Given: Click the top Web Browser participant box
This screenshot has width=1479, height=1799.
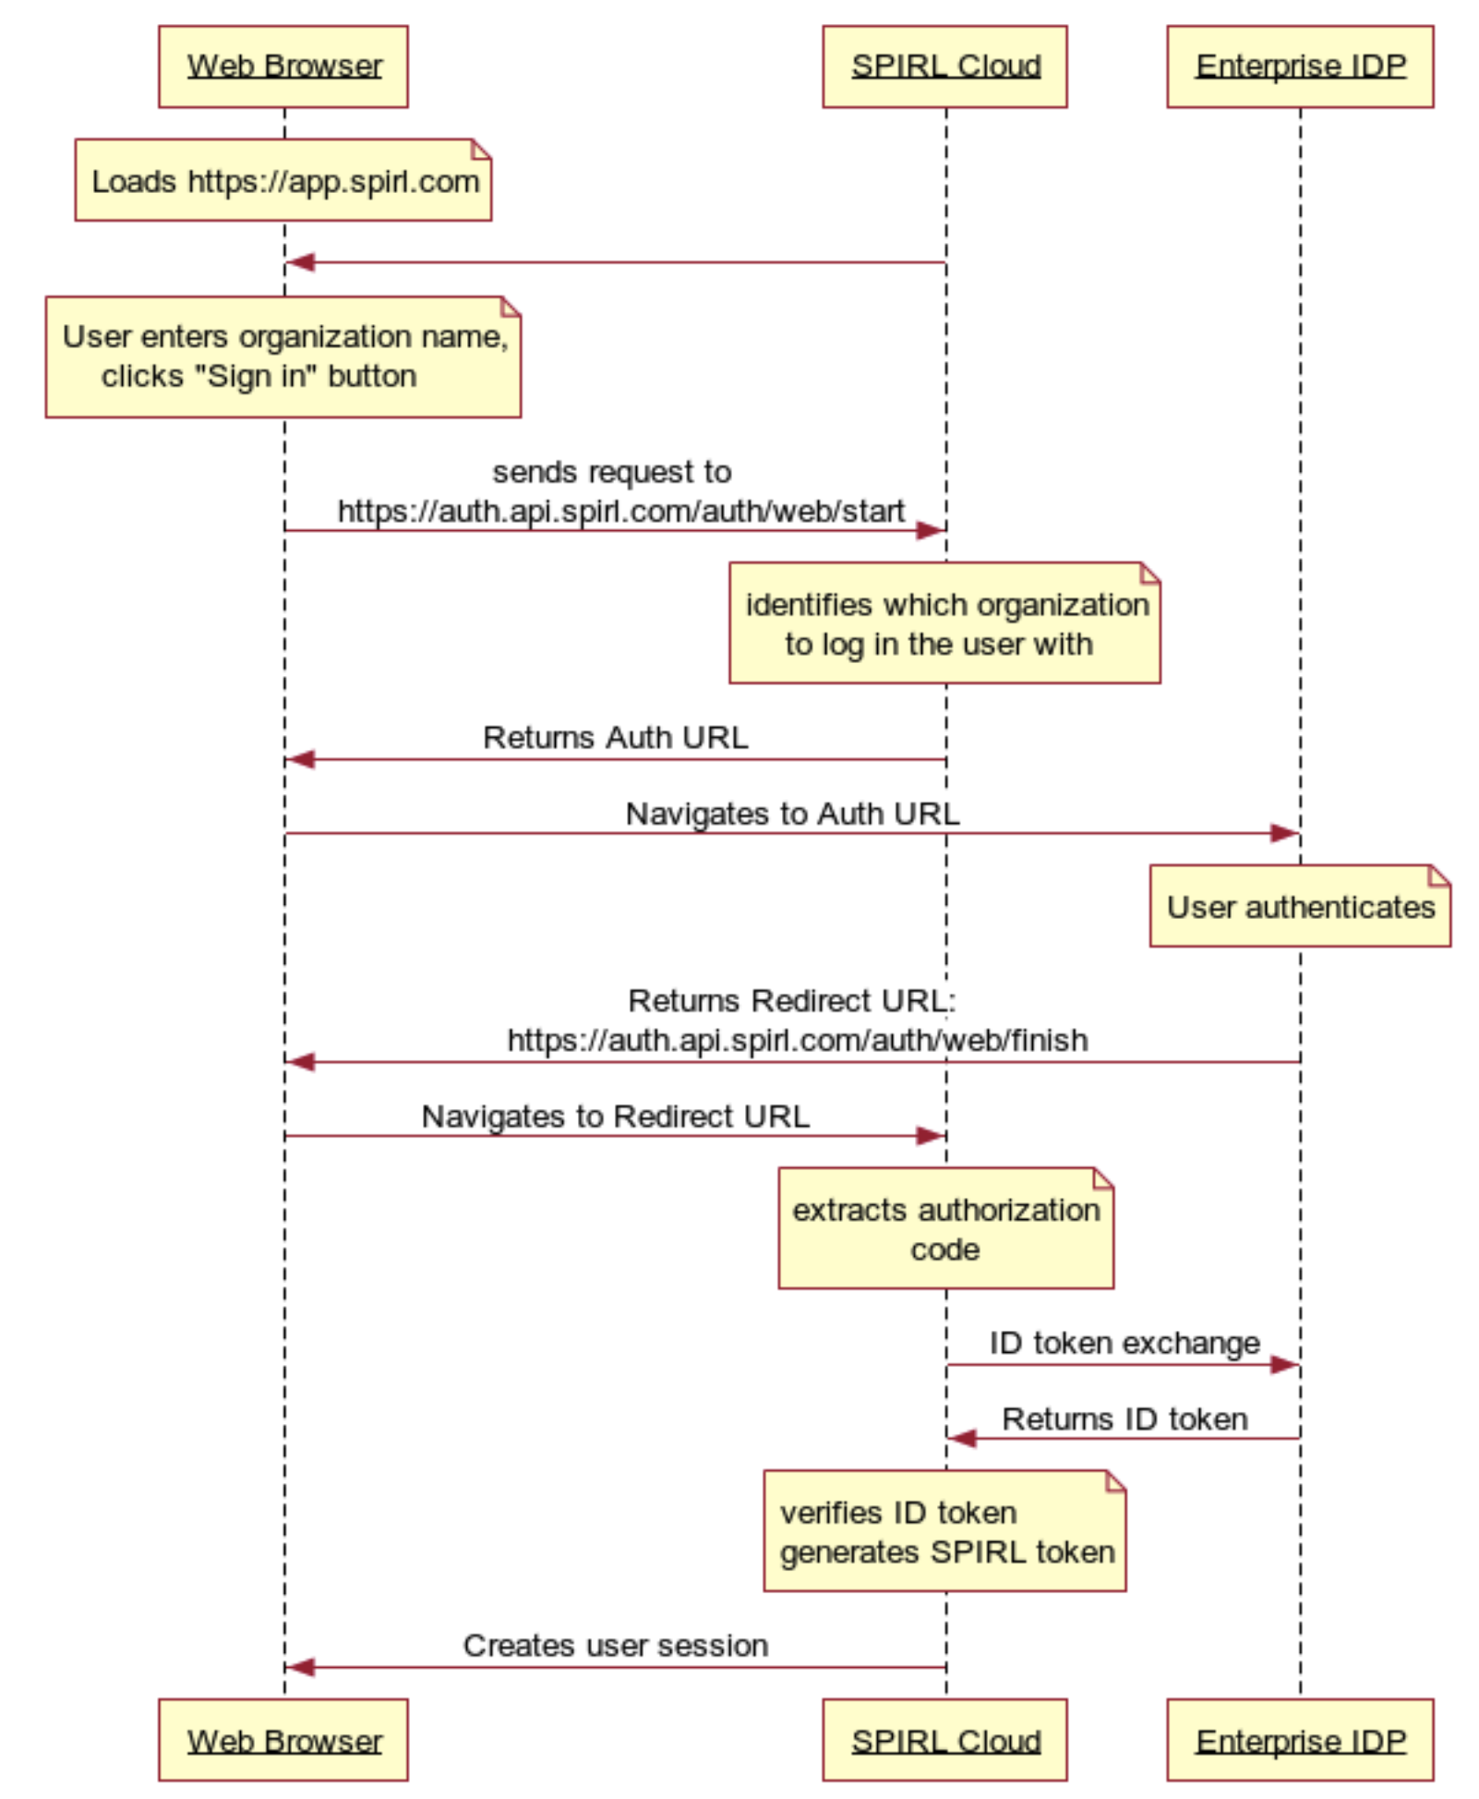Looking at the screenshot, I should tap(283, 66).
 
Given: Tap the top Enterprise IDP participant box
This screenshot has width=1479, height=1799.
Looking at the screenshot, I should tap(1299, 66).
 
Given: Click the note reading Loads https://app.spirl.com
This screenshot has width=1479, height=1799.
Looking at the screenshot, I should tap(283, 180).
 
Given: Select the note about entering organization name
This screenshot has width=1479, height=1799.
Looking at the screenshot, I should tap(283, 356).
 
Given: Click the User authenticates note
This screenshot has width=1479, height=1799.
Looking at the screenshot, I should tap(1299, 906).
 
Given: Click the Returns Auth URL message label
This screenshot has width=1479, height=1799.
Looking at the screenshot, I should tap(615, 737).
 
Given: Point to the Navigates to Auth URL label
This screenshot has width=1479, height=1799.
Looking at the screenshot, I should tap(792, 813).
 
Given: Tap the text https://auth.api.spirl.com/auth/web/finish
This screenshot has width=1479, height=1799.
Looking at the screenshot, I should tap(797, 1040).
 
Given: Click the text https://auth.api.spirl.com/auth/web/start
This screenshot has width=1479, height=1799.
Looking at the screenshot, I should tap(620, 511).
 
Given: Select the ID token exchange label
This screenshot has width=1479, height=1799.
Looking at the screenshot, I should tap(1124, 1342).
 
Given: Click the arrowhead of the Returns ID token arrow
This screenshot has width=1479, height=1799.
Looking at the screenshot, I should tap(962, 1438).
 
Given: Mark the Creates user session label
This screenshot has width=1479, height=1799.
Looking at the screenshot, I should tap(615, 1645).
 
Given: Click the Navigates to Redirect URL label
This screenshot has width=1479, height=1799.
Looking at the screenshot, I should tap(615, 1116).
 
